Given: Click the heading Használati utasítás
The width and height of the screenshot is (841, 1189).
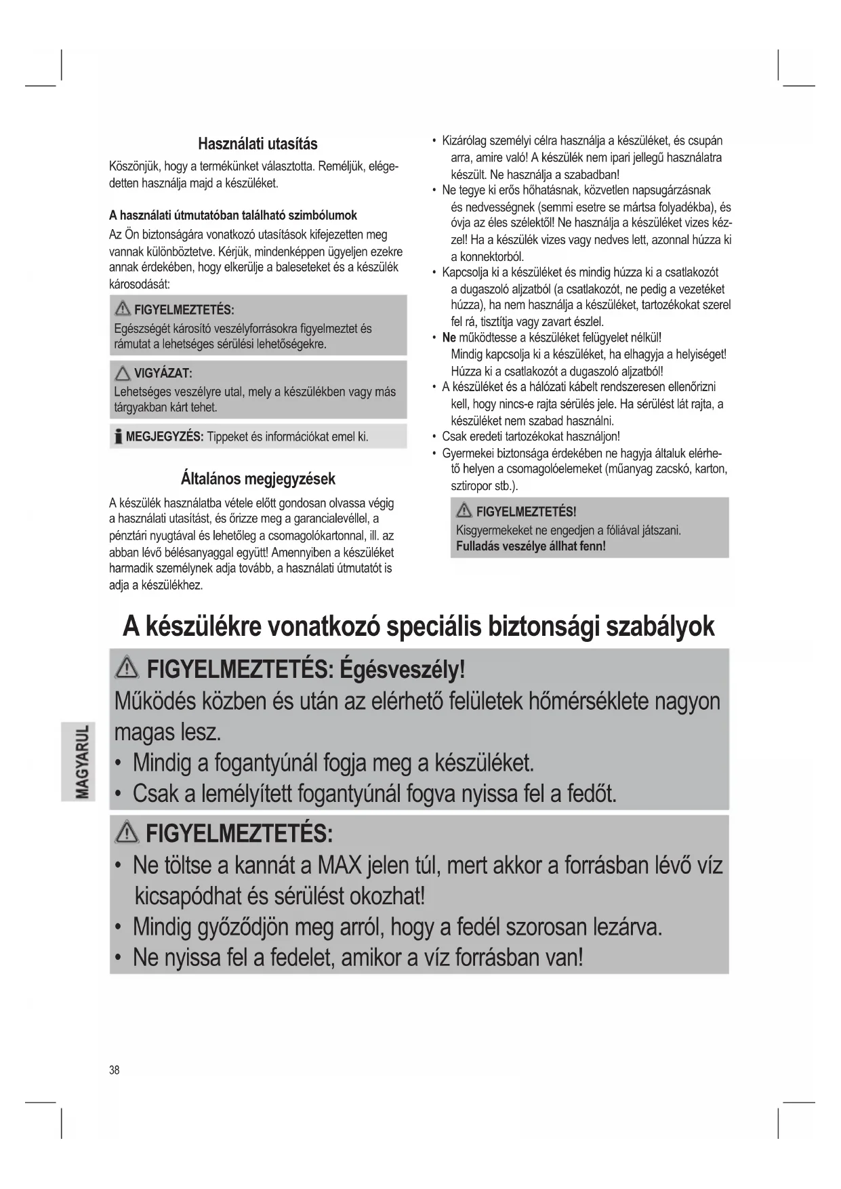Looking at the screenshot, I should tap(258, 144).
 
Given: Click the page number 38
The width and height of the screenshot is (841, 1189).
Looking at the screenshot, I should tap(114, 1070).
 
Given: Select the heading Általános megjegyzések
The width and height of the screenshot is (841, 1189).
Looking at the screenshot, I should tap(258, 479).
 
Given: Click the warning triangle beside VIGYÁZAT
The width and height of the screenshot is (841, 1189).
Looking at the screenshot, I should tap(123, 374).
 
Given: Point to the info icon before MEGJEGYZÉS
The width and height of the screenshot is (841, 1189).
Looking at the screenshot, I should tap(118, 436).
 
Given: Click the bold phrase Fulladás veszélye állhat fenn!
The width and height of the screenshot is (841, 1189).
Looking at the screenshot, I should tap(531, 546).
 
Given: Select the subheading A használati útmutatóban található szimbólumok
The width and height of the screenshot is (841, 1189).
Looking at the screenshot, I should tap(233, 216).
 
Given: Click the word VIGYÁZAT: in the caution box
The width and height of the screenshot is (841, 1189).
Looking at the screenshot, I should tap(163, 374).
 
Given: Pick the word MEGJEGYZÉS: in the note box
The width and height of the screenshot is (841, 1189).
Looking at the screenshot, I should tap(165, 437).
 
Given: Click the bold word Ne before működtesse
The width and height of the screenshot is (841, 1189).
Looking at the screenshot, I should tap(449, 338).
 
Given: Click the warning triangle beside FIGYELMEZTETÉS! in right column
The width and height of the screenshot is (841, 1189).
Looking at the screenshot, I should tap(464, 511).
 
